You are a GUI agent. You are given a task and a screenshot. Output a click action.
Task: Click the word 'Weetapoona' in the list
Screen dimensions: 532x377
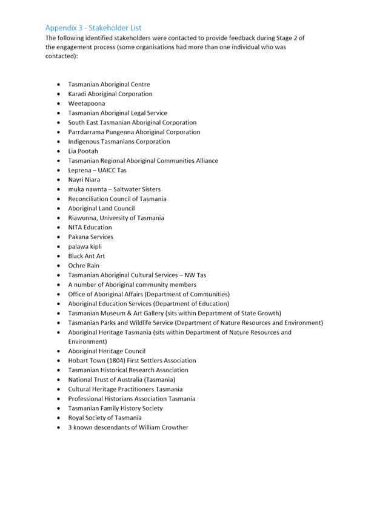(86, 103)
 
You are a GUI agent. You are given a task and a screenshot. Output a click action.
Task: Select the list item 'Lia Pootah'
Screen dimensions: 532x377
(82, 151)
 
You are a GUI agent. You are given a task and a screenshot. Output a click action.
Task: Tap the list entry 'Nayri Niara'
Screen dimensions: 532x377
(84, 180)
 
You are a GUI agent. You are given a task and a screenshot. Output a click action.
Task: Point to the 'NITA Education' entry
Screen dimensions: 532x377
(90, 228)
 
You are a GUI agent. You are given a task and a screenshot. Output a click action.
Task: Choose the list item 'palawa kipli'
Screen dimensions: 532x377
(85, 246)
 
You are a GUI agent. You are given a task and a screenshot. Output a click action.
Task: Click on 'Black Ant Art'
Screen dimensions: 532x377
(86, 256)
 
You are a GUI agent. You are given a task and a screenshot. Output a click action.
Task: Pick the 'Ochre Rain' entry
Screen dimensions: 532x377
(84, 266)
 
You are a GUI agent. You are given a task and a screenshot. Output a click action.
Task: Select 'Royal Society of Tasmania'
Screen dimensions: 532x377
(105, 418)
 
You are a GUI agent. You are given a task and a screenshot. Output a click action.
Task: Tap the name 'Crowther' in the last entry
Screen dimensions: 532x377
(174, 427)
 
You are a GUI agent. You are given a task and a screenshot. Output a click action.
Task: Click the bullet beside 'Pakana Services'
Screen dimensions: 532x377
(58, 237)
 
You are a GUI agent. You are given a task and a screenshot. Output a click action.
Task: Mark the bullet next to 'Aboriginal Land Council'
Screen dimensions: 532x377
(58, 208)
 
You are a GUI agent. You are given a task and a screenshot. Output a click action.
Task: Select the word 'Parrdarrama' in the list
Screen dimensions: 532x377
(86, 132)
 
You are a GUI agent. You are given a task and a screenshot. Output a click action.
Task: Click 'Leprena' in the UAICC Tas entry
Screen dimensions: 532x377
(79, 170)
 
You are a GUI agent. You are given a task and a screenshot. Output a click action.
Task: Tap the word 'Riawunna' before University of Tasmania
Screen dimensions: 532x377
(82, 218)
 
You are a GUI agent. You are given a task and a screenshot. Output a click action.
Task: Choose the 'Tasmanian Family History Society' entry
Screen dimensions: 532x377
(115, 408)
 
